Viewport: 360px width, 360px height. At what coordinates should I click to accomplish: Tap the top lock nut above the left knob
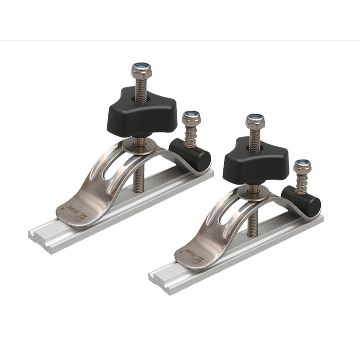[141, 71]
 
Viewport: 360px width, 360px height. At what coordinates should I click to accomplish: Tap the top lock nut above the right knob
[255, 121]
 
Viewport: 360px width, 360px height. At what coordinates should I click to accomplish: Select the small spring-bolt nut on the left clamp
[191, 119]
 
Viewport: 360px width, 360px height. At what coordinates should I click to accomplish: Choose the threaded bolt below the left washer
[139, 171]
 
